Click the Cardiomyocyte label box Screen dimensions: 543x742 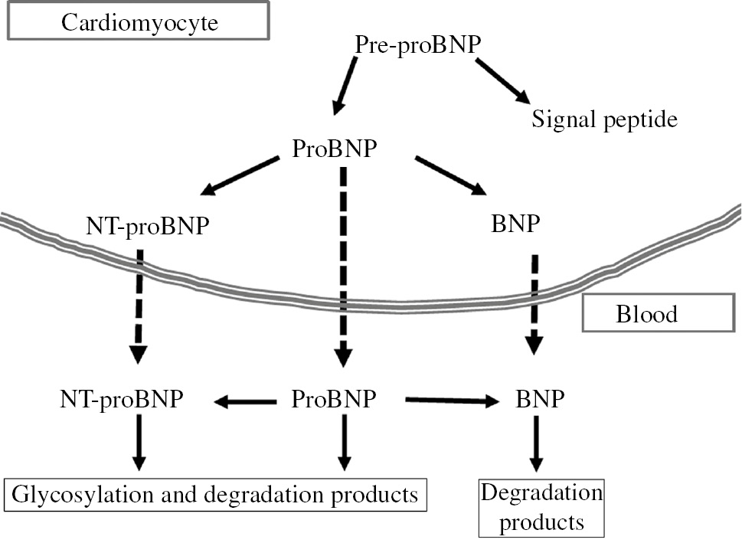139,21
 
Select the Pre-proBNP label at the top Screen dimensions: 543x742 418,44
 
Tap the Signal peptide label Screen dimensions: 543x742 605,119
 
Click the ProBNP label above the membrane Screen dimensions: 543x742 335,148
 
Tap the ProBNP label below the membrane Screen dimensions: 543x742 334,399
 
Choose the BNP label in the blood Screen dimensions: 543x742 541,399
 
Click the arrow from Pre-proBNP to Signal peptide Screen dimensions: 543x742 502,80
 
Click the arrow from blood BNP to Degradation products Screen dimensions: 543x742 536,444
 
